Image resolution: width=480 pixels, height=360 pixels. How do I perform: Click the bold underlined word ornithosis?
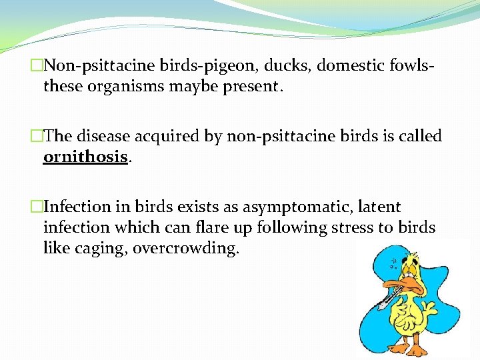(85, 157)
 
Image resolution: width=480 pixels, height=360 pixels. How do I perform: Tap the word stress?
(357, 227)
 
